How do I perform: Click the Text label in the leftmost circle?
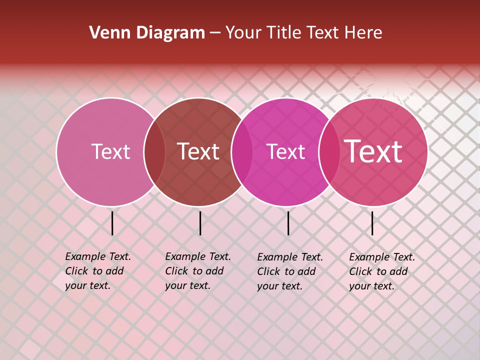(x=110, y=151)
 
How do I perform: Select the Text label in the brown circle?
(x=198, y=151)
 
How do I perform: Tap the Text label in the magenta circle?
(x=285, y=151)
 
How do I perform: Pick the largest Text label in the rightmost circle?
(x=373, y=151)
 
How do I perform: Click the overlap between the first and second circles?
(x=154, y=152)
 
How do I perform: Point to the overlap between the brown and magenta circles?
(x=242, y=152)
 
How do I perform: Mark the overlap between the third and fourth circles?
(x=329, y=152)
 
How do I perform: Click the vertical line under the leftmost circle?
(x=112, y=223)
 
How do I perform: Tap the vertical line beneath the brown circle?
(x=200, y=223)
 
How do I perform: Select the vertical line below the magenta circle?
(x=288, y=223)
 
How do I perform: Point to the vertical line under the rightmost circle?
(x=372, y=223)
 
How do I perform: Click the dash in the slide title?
(x=215, y=33)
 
